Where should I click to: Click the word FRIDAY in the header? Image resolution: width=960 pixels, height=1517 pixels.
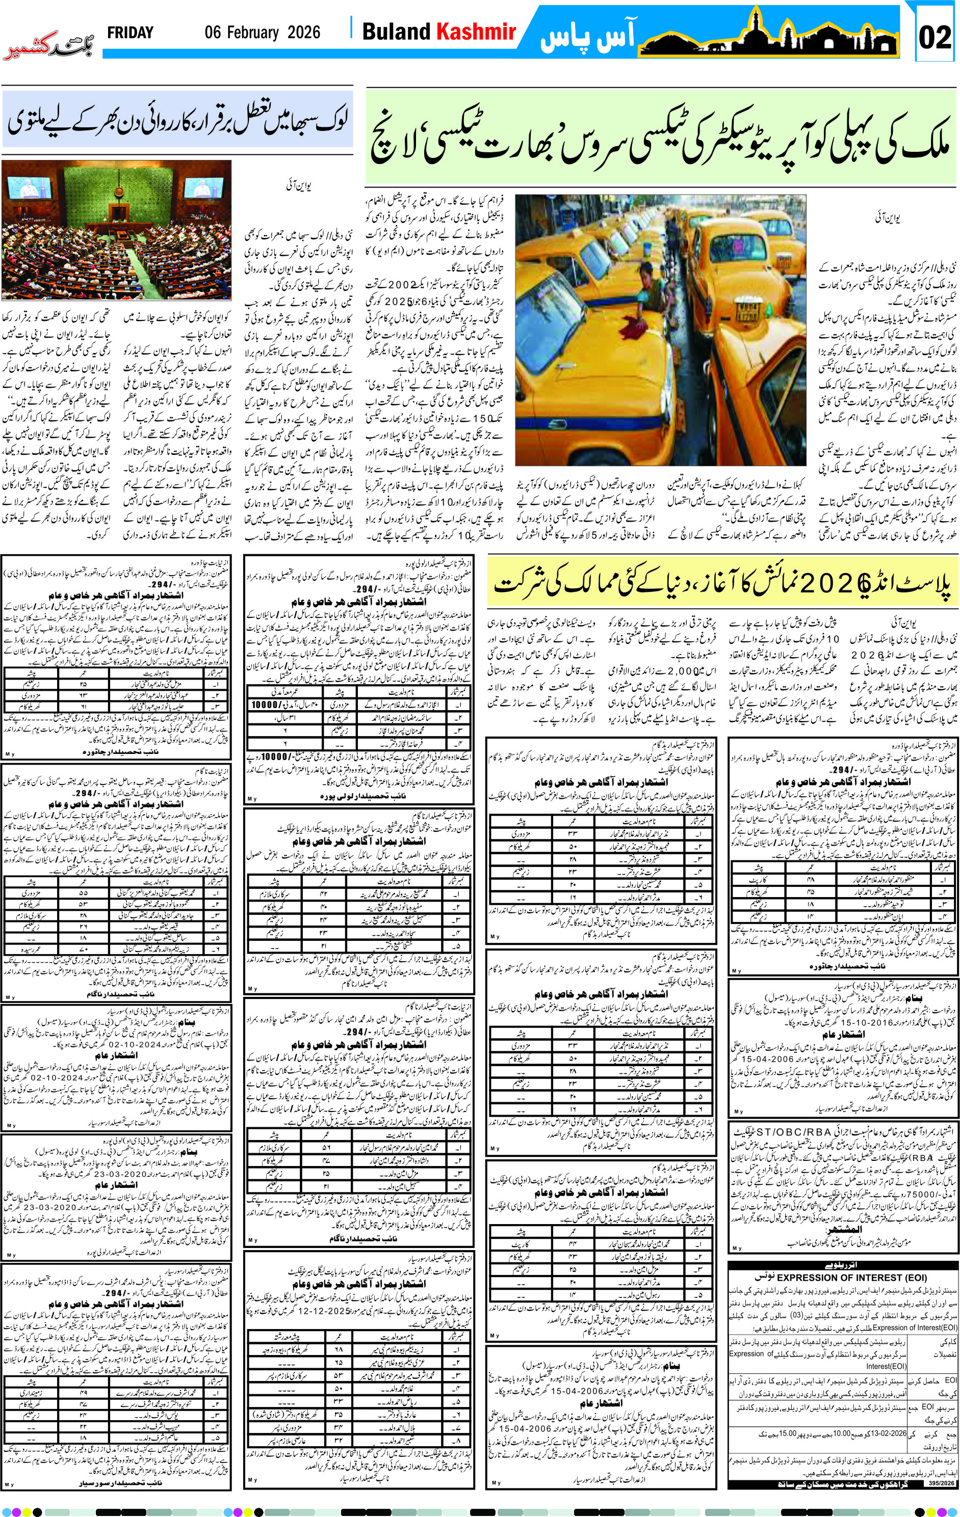130,33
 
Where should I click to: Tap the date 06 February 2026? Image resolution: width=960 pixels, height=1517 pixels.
262,33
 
